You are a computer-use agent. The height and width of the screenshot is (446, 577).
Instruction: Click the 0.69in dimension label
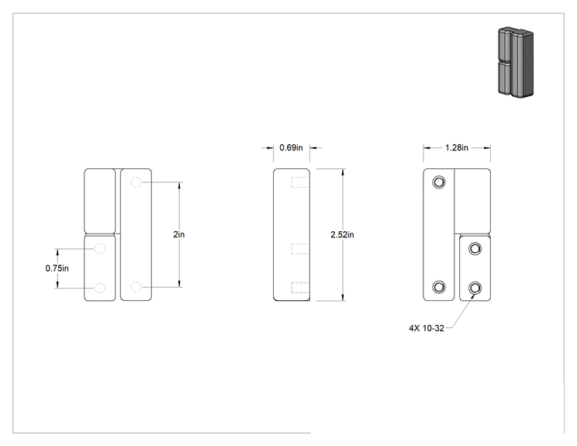click(291, 147)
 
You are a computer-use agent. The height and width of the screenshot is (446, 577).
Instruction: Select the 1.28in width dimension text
click(457, 147)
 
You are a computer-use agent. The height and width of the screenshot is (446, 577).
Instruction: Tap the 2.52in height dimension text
click(342, 234)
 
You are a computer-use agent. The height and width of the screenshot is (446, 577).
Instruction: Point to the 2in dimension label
click(179, 234)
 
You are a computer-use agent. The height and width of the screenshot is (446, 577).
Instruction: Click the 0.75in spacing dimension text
click(57, 268)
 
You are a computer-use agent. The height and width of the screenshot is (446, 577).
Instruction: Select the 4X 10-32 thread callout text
click(427, 328)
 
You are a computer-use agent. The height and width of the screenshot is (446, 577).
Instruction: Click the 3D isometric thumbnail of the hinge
click(516, 62)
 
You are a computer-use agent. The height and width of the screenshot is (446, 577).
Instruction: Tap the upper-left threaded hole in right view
click(439, 182)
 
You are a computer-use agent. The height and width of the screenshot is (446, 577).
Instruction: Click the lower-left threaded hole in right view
click(439, 287)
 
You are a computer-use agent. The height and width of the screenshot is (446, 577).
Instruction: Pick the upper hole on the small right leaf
click(475, 248)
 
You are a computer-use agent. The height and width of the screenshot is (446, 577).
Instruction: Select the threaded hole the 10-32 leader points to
click(475, 288)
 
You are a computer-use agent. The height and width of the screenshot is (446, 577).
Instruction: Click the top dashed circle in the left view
click(136, 182)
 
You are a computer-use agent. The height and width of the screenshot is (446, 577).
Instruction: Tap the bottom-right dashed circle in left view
click(136, 287)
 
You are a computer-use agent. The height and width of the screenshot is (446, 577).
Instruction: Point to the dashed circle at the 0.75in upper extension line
click(100, 248)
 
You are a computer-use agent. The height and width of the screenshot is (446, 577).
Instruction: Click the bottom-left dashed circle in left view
click(100, 288)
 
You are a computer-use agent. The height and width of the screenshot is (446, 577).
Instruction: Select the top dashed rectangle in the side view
click(300, 182)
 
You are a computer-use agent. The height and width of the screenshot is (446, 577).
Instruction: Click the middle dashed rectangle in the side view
click(300, 248)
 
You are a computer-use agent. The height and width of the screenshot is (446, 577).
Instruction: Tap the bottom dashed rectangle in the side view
click(300, 288)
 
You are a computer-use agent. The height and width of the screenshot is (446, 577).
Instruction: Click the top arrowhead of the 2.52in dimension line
click(343, 172)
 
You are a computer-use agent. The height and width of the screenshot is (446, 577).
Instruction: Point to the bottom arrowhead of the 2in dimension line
click(180, 284)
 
